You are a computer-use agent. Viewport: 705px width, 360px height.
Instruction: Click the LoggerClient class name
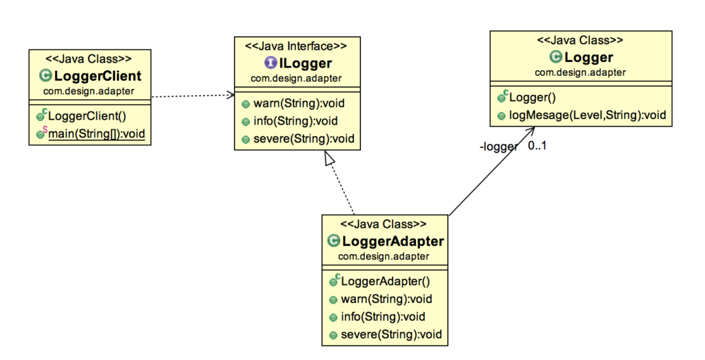point(98,76)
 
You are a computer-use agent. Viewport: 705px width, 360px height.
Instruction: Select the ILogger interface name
point(303,63)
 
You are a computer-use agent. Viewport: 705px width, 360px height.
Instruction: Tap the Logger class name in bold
point(588,58)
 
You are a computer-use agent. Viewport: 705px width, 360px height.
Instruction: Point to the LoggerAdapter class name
point(392,241)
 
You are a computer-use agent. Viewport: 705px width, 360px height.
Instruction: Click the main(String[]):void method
point(96,134)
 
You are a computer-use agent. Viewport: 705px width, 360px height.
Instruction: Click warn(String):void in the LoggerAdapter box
point(386,299)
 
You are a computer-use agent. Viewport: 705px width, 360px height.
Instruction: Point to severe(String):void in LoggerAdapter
point(390,335)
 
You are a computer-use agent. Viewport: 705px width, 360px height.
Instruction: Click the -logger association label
point(498,146)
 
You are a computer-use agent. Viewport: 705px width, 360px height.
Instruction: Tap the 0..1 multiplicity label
point(537,145)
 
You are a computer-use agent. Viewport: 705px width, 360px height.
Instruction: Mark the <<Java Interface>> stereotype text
point(296,46)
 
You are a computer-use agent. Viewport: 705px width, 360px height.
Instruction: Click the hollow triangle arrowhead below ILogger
point(330,158)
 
